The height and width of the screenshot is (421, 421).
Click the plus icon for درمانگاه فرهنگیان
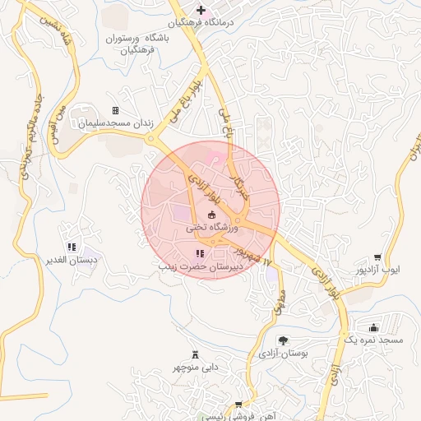coord(200,10)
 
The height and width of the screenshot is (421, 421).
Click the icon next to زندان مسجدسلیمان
coord(116,110)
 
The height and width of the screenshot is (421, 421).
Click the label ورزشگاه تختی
coord(212,227)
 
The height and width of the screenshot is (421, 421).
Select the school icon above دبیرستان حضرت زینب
coord(200,253)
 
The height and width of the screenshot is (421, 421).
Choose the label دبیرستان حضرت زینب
coord(200,267)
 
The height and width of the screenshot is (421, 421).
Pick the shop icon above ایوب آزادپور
coord(377,257)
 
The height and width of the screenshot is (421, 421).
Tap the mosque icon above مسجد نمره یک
coord(374,328)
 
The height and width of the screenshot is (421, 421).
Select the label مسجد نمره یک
coord(374,340)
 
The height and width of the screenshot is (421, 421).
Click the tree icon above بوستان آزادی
coord(283,340)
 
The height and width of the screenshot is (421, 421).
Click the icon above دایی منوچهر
coord(195,354)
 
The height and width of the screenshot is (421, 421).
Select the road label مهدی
coord(277,302)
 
